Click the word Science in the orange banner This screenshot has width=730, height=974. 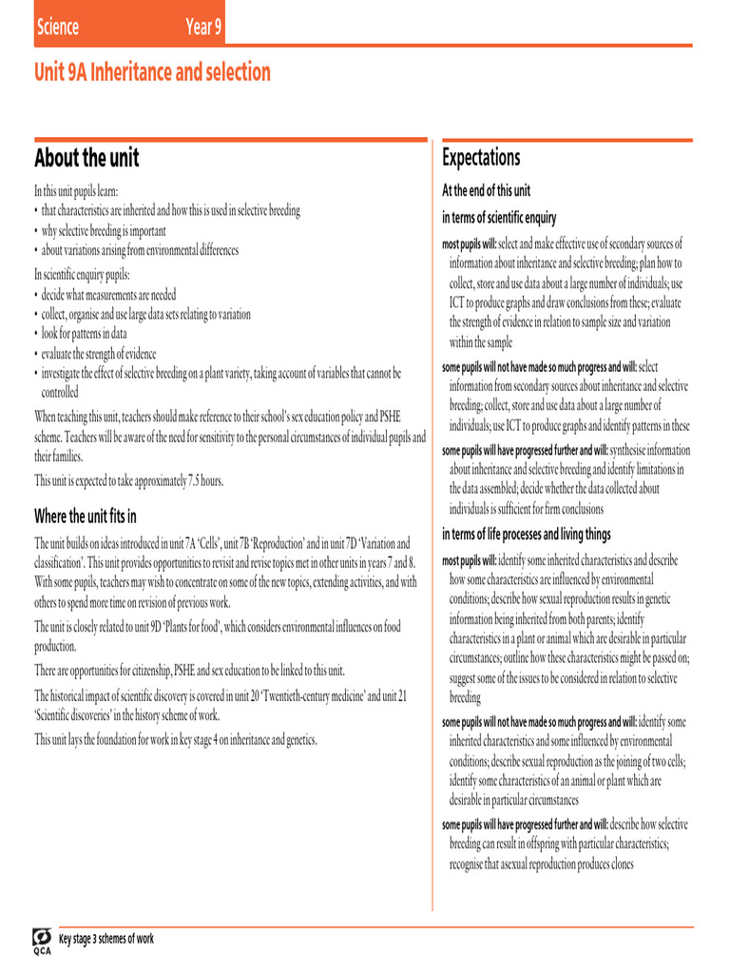tap(57, 27)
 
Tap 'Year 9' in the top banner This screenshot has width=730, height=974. tap(204, 27)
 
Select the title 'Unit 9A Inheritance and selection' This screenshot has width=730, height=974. tap(152, 72)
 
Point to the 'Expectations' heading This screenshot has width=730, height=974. tap(481, 157)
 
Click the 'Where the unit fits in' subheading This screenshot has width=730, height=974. tap(86, 516)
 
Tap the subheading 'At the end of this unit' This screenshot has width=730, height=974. tap(487, 190)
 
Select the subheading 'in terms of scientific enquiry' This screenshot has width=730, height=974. tap(499, 218)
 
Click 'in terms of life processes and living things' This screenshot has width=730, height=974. tap(527, 534)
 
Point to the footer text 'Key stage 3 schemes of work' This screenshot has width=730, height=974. tap(106, 939)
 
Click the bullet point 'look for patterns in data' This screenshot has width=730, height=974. tap(84, 334)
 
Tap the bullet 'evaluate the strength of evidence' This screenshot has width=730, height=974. tap(99, 353)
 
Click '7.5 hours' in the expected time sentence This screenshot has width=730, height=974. tap(201, 480)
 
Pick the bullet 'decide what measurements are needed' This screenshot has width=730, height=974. tap(108, 295)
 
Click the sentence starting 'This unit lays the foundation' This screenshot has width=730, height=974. tap(176, 739)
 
